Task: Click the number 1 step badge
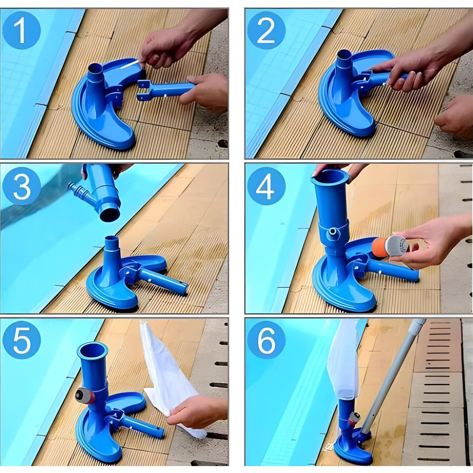tap(21, 31)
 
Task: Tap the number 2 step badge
tap(266, 31)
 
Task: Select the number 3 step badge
tap(21, 186)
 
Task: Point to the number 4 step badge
tap(266, 186)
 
